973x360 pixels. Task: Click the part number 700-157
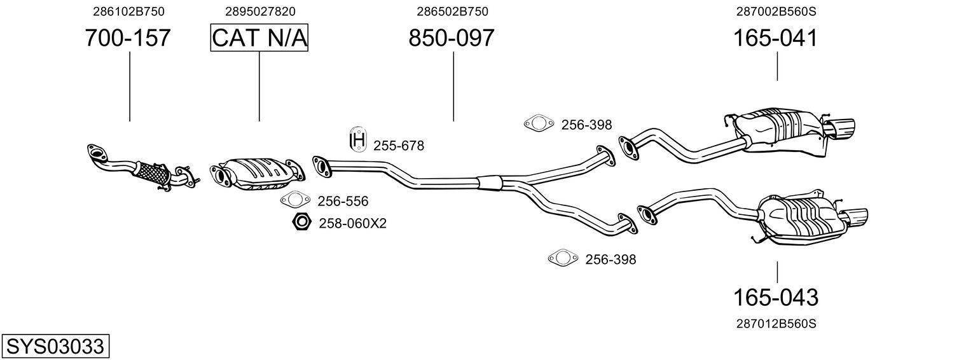[x=128, y=38]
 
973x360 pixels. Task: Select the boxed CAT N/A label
[x=259, y=38]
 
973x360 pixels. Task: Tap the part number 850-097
[x=452, y=38]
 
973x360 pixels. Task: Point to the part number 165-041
[x=775, y=38]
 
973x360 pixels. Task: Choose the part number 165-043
[x=776, y=297]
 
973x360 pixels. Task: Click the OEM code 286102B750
[x=128, y=11]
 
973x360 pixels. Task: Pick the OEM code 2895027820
[x=260, y=11]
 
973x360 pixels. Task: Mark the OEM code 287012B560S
[x=776, y=324]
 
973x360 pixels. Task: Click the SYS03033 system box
[x=55, y=347]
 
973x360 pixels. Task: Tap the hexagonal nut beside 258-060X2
[x=301, y=223]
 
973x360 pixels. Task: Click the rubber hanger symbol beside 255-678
[x=358, y=140]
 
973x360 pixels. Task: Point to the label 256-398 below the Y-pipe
[x=611, y=260]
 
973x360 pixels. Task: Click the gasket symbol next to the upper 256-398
[x=537, y=124]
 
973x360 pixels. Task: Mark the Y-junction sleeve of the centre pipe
[x=490, y=182]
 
